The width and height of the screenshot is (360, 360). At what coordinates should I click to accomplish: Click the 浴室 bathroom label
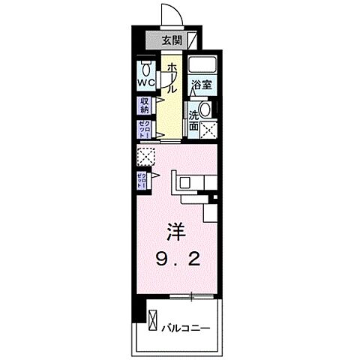(200, 87)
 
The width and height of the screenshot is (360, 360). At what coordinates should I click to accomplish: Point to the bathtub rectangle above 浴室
(202, 64)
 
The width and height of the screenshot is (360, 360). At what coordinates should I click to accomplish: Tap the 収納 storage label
(143, 105)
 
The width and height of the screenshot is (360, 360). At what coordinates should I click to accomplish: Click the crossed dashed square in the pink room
(145, 156)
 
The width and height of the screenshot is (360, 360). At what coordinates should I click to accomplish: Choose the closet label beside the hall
(142, 129)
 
